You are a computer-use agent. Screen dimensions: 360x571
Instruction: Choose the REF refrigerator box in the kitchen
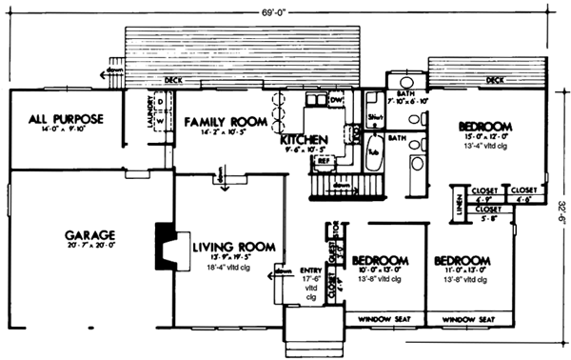coord(324,162)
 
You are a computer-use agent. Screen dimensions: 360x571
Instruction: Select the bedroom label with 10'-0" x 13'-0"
coord(381,260)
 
